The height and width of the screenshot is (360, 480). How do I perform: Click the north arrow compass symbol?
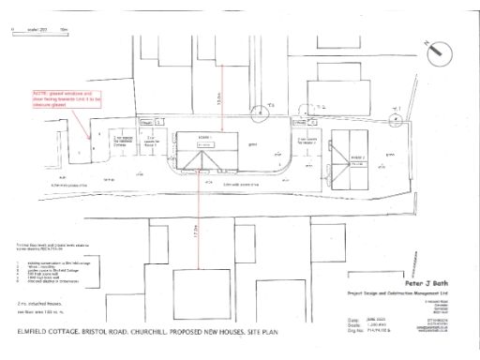pyautogui.click(x=439, y=54)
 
